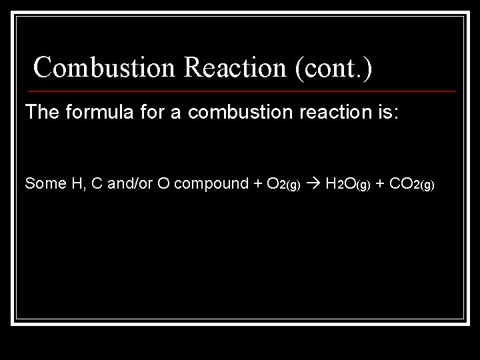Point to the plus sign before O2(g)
click(x=256, y=184)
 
